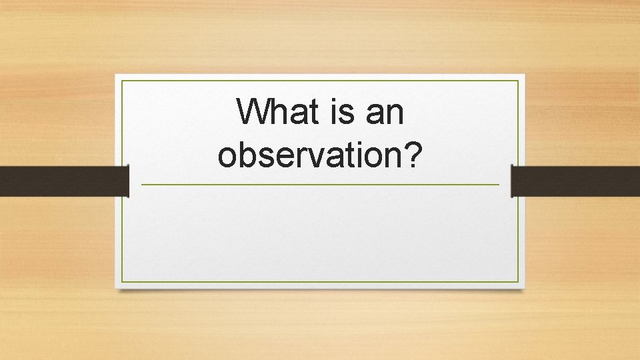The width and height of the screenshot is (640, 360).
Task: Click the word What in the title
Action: [x=278, y=112]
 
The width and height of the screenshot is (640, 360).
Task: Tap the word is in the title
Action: [x=341, y=112]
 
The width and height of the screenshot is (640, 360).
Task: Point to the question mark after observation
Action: [x=415, y=154]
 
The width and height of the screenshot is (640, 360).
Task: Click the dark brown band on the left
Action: [x=63, y=181]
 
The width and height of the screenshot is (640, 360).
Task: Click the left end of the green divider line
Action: [x=142, y=185]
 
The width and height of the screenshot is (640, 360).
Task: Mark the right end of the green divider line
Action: [x=498, y=185]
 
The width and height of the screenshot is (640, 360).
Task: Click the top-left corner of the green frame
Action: [x=122, y=81]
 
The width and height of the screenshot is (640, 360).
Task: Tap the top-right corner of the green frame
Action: [x=518, y=81]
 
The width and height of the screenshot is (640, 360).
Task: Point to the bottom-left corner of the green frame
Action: [x=122, y=282]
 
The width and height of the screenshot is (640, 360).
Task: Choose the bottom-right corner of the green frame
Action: [x=518, y=282]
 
